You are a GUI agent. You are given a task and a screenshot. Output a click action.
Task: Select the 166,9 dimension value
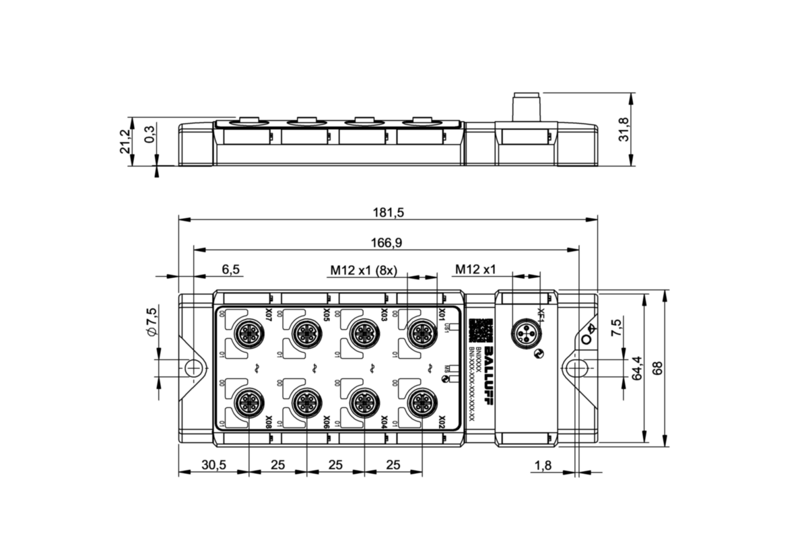[x=388, y=242]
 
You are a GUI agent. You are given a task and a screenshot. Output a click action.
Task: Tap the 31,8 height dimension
[x=623, y=129]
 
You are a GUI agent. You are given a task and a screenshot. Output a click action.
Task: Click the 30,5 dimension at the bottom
[x=213, y=465]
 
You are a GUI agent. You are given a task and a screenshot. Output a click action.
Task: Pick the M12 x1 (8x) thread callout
[x=363, y=270]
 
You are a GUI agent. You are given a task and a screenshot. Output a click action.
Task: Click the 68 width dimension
[x=658, y=368]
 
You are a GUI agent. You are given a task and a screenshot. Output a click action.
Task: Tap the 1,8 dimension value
[x=543, y=465]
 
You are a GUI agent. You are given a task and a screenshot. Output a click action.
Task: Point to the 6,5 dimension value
[x=230, y=269]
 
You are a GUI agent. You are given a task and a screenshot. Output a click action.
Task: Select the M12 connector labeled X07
[x=243, y=332]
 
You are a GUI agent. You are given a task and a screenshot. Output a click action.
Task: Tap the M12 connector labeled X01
[x=422, y=332]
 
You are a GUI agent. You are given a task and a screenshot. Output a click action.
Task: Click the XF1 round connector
[x=525, y=333]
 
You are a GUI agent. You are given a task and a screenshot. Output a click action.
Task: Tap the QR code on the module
[x=479, y=331]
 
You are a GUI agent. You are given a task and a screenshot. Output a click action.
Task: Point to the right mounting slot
[x=576, y=368]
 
